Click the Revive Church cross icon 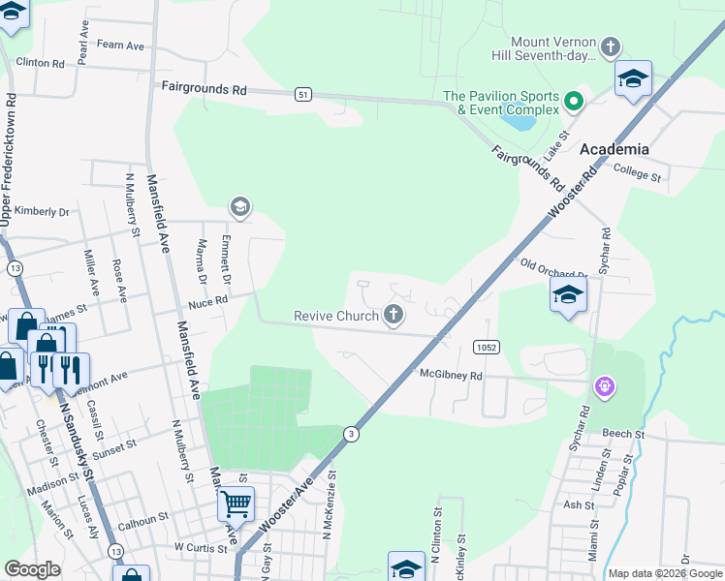click(393, 315)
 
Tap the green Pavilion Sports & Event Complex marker click(574, 101)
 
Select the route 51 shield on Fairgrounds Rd click(304, 94)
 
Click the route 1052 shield click(487, 347)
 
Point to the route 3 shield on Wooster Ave click(351, 435)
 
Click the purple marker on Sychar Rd click(605, 387)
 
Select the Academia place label click(614, 149)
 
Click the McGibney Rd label click(451, 373)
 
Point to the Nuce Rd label click(207, 301)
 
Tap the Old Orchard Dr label click(554, 268)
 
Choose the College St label click(638, 171)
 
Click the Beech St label click(622, 434)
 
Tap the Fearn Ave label click(121, 46)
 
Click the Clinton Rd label click(40, 63)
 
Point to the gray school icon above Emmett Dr click(239, 206)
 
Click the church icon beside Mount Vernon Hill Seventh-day click(610, 46)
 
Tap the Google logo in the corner click(32, 569)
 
